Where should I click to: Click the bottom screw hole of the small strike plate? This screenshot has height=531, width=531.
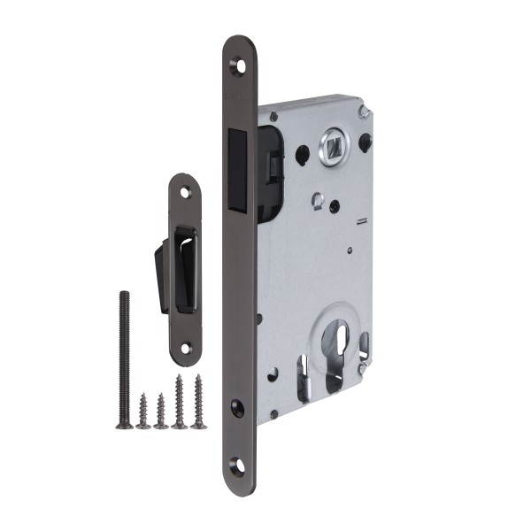pos(185,348)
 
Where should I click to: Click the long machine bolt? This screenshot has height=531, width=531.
pos(124,358)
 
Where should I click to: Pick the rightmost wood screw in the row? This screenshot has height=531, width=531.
pos(199,403)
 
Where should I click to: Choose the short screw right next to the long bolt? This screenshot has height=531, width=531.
pos(142,412)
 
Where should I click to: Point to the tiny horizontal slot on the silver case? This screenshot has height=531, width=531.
pos(360,221)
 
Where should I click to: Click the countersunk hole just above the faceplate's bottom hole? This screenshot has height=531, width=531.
pos(237,406)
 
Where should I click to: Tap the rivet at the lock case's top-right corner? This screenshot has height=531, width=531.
pos(362,111)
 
